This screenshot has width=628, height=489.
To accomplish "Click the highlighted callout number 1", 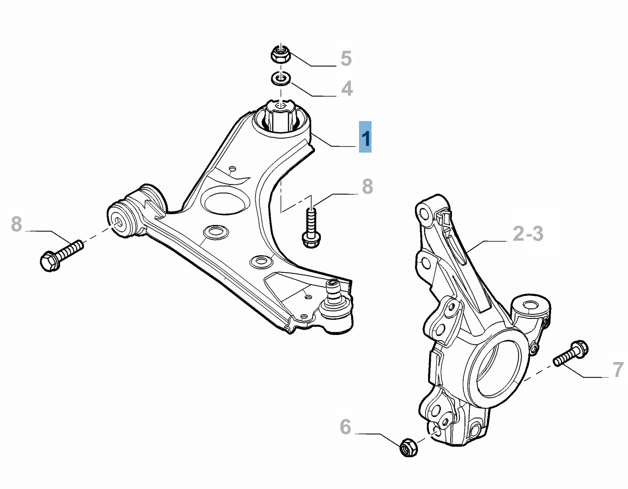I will tap(365, 137).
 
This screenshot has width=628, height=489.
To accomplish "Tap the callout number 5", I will tap(346, 58).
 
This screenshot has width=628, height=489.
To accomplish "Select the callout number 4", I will tap(346, 88).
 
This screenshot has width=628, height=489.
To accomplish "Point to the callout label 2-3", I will tap(528, 234).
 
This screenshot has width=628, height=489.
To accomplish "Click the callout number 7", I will tap(618, 370).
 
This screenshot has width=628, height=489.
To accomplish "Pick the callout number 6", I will tap(346, 427).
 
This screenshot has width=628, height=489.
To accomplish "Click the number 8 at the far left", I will tap(17, 224).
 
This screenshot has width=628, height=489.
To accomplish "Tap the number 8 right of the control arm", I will tap(367, 186).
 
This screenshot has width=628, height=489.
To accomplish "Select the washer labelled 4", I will tap(281, 79).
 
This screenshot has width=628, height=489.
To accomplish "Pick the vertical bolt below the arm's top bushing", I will tap(311, 228).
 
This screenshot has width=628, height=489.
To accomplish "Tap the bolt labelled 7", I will tap(571, 354).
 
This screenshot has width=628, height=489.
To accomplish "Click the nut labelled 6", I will tap(408, 447).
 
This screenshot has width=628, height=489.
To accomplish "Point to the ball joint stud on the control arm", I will tap(334, 291).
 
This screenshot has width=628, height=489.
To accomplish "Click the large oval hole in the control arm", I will tap(225, 200).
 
